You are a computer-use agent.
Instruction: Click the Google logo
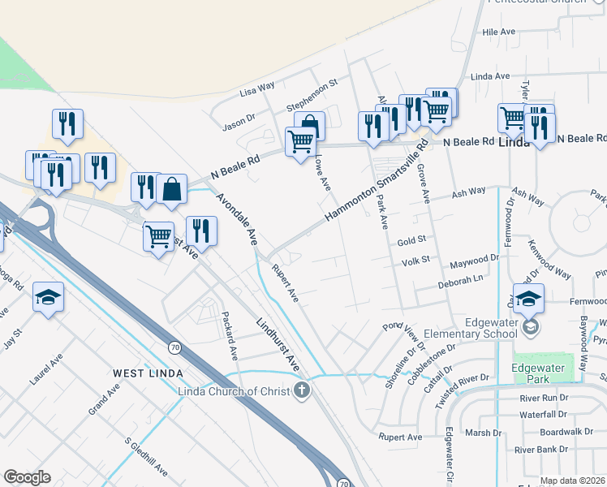tap(27, 477)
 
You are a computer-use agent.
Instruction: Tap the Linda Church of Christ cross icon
tap(302, 391)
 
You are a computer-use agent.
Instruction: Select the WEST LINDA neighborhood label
tap(147, 372)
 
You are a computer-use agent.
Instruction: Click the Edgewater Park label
tap(543, 373)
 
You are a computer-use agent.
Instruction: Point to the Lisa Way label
tap(257, 89)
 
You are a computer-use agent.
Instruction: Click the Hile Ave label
tap(499, 32)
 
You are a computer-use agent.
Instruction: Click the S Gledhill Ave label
tap(146, 458)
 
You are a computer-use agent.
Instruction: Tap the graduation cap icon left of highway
tap(48, 298)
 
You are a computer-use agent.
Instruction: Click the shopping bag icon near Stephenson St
tap(309, 125)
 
